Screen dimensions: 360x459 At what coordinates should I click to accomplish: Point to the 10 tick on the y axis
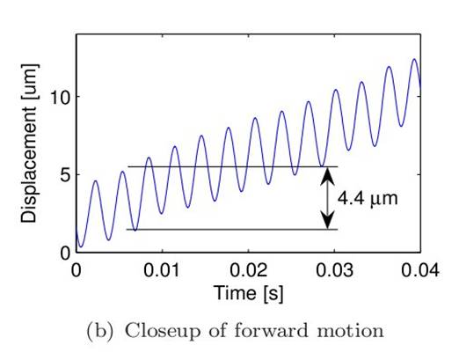click(60, 97)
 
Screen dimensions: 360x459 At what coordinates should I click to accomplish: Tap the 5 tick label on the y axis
click(63, 175)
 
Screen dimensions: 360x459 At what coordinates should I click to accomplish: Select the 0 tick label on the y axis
click(63, 253)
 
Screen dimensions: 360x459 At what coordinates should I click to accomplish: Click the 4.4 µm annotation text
click(368, 199)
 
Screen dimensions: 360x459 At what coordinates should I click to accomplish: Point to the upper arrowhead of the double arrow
click(325, 173)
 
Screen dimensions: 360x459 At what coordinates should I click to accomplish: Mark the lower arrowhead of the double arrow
click(325, 223)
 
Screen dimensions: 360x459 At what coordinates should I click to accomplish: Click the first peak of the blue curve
click(96, 181)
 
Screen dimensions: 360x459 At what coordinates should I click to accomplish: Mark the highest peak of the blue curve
click(414, 59)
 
